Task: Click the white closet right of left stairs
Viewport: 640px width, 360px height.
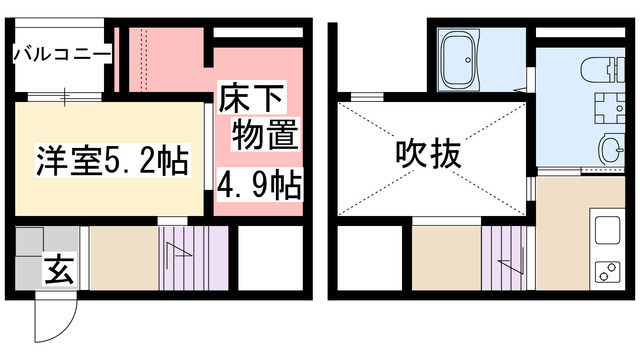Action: pyautogui.click(x=267, y=258)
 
